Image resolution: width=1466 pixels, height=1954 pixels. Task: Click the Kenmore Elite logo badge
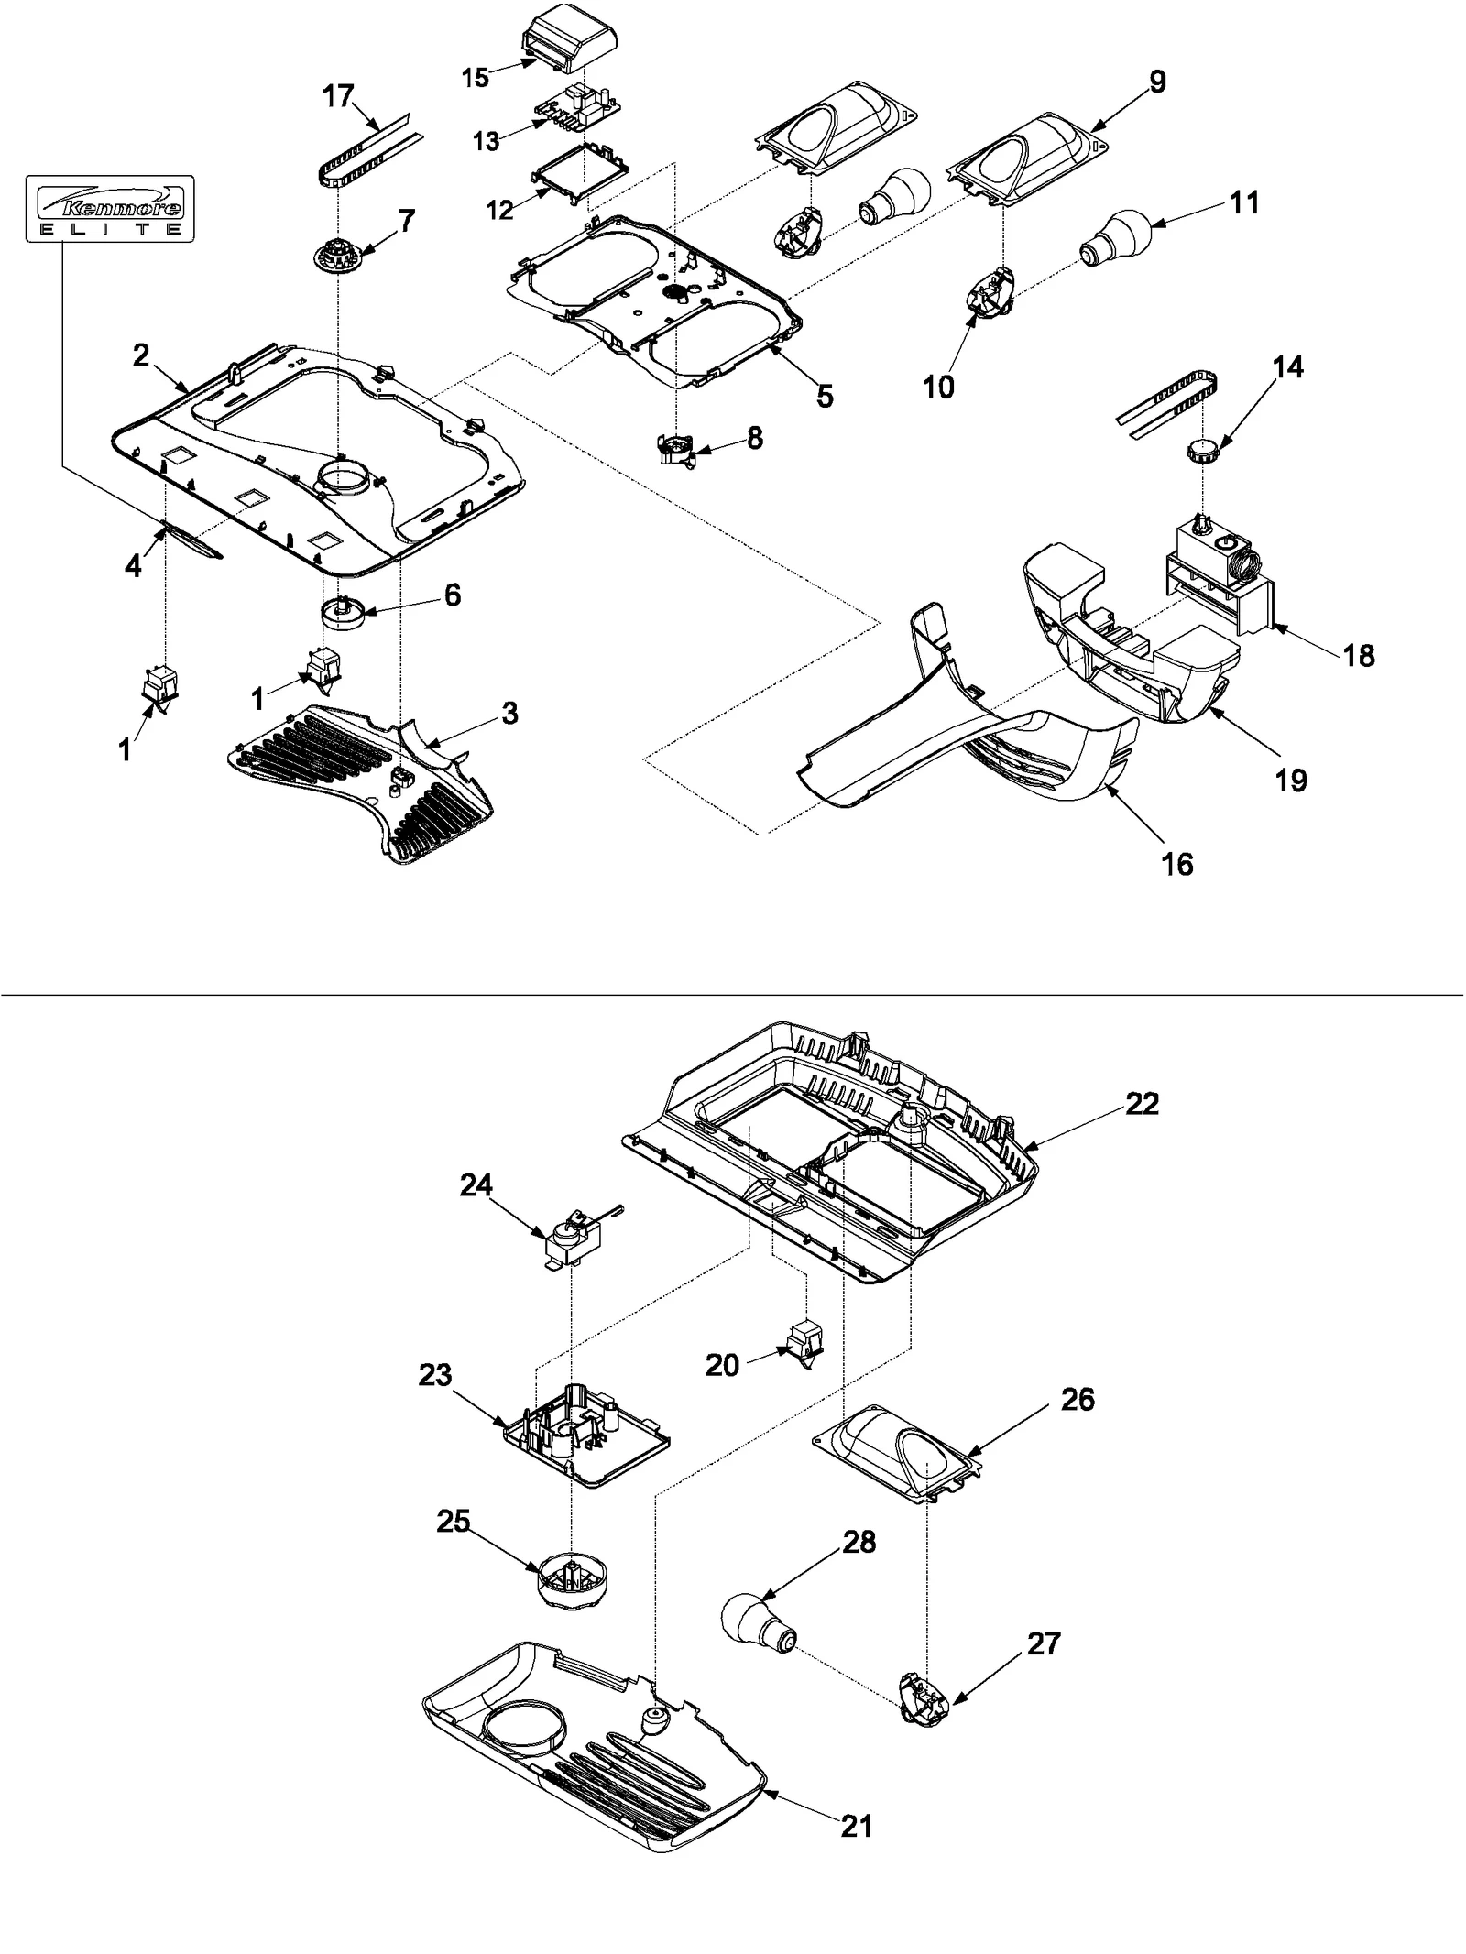(x=110, y=208)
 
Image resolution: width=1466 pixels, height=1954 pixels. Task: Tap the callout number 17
(x=338, y=95)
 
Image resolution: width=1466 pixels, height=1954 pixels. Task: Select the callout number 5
(x=825, y=396)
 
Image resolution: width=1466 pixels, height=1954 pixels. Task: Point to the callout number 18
(x=1359, y=655)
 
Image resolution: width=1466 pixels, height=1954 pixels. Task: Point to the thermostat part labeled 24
(x=573, y=1237)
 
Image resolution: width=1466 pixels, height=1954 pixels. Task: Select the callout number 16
(x=1177, y=863)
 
